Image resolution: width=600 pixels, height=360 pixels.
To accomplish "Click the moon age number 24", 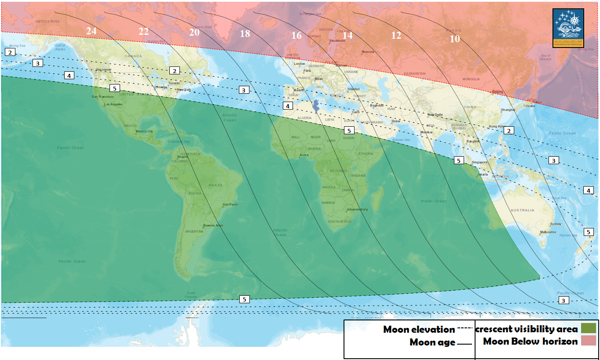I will (x=91, y=31).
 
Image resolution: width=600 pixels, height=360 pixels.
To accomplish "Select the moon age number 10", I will (x=455, y=39).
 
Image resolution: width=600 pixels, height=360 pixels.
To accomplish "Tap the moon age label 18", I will (x=245, y=33).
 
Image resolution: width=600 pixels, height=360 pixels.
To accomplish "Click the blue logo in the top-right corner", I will (x=568, y=28).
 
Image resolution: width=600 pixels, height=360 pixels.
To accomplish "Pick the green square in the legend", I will (x=588, y=328).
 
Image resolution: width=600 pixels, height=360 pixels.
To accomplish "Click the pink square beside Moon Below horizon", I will (x=588, y=341).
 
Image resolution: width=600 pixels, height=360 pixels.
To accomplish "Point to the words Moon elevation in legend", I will (x=419, y=329).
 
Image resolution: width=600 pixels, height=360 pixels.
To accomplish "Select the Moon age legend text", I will (x=432, y=342).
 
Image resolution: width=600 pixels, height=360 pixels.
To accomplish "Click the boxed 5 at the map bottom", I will (x=245, y=299).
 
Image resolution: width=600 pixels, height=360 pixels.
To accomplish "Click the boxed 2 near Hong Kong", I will (x=509, y=130).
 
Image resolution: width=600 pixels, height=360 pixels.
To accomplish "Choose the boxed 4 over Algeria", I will (x=287, y=106).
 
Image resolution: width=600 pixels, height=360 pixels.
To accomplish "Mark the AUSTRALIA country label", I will (x=523, y=210).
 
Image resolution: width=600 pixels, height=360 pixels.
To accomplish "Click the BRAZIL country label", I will (x=216, y=185).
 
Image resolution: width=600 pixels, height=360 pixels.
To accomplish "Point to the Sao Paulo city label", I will (x=230, y=205).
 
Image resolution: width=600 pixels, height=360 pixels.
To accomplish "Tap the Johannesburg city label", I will (x=357, y=209).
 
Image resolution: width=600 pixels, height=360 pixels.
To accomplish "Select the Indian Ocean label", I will (x=433, y=201).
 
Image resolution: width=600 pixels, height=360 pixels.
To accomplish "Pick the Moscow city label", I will (x=368, y=52).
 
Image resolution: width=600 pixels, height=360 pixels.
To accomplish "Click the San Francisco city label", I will (x=102, y=97).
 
